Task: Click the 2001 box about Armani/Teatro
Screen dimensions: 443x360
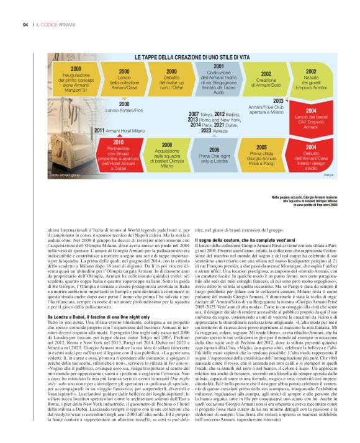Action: [x=218, y=78]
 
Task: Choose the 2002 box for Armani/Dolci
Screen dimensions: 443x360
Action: [x=266, y=81]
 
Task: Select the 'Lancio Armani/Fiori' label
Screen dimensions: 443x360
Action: [x=124, y=107]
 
